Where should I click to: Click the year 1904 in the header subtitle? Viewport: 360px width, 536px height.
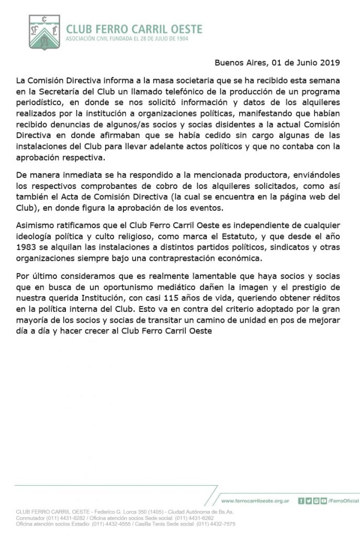[181, 39]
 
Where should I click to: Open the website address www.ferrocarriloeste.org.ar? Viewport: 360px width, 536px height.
[255, 501]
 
